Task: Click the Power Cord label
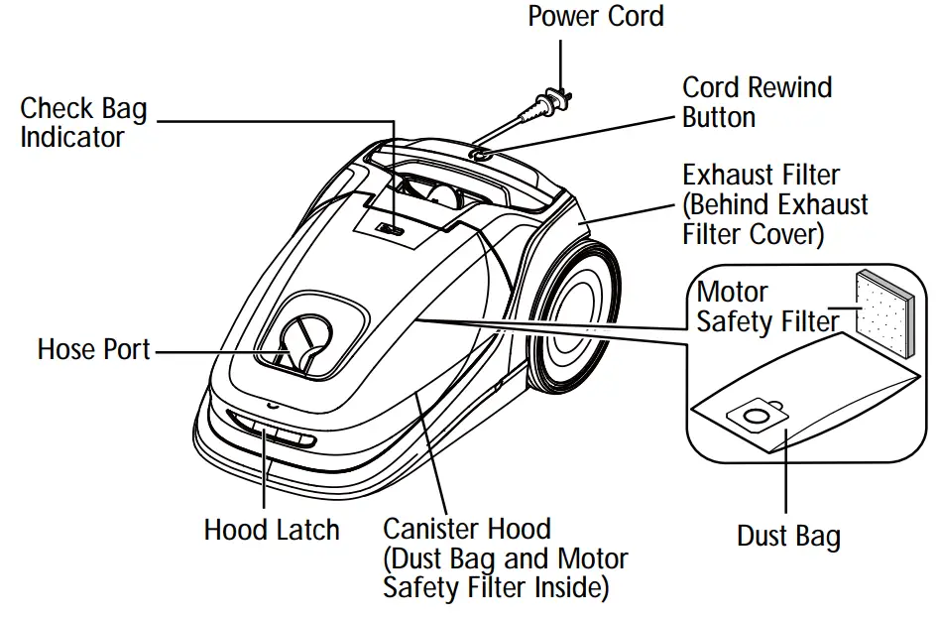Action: tap(595, 16)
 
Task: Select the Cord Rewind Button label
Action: tap(757, 102)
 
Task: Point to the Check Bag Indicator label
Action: tap(83, 122)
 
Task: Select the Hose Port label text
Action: tap(94, 349)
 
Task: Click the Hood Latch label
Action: tap(271, 530)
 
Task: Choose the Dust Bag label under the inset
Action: tap(788, 537)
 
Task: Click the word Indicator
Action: tap(72, 137)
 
